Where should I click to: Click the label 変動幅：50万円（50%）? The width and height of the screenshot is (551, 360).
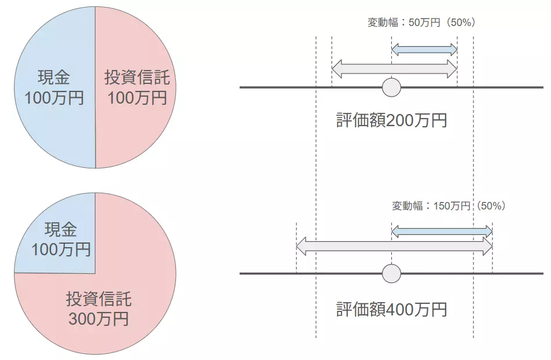pos(421,23)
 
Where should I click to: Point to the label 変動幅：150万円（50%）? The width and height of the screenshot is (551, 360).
pos(449,206)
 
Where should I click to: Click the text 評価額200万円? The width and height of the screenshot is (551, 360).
pos(391,120)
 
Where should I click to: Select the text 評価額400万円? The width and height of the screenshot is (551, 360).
pos(391,309)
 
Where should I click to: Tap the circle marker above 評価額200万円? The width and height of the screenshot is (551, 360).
pos(392,87)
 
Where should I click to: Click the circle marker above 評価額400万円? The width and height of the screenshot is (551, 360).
pos(392,273)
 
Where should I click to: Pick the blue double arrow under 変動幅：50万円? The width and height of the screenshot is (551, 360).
pos(424,50)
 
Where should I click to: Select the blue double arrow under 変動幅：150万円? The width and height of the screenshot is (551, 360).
pos(442,232)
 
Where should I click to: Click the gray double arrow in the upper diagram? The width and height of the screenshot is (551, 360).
pos(394,69)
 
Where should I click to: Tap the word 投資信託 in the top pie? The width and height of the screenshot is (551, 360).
pos(137,78)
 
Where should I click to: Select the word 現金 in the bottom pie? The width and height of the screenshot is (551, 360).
pos(61,230)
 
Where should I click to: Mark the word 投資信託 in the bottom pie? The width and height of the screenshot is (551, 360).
pos(98,299)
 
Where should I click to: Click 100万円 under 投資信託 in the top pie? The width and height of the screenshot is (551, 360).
pos(137,97)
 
